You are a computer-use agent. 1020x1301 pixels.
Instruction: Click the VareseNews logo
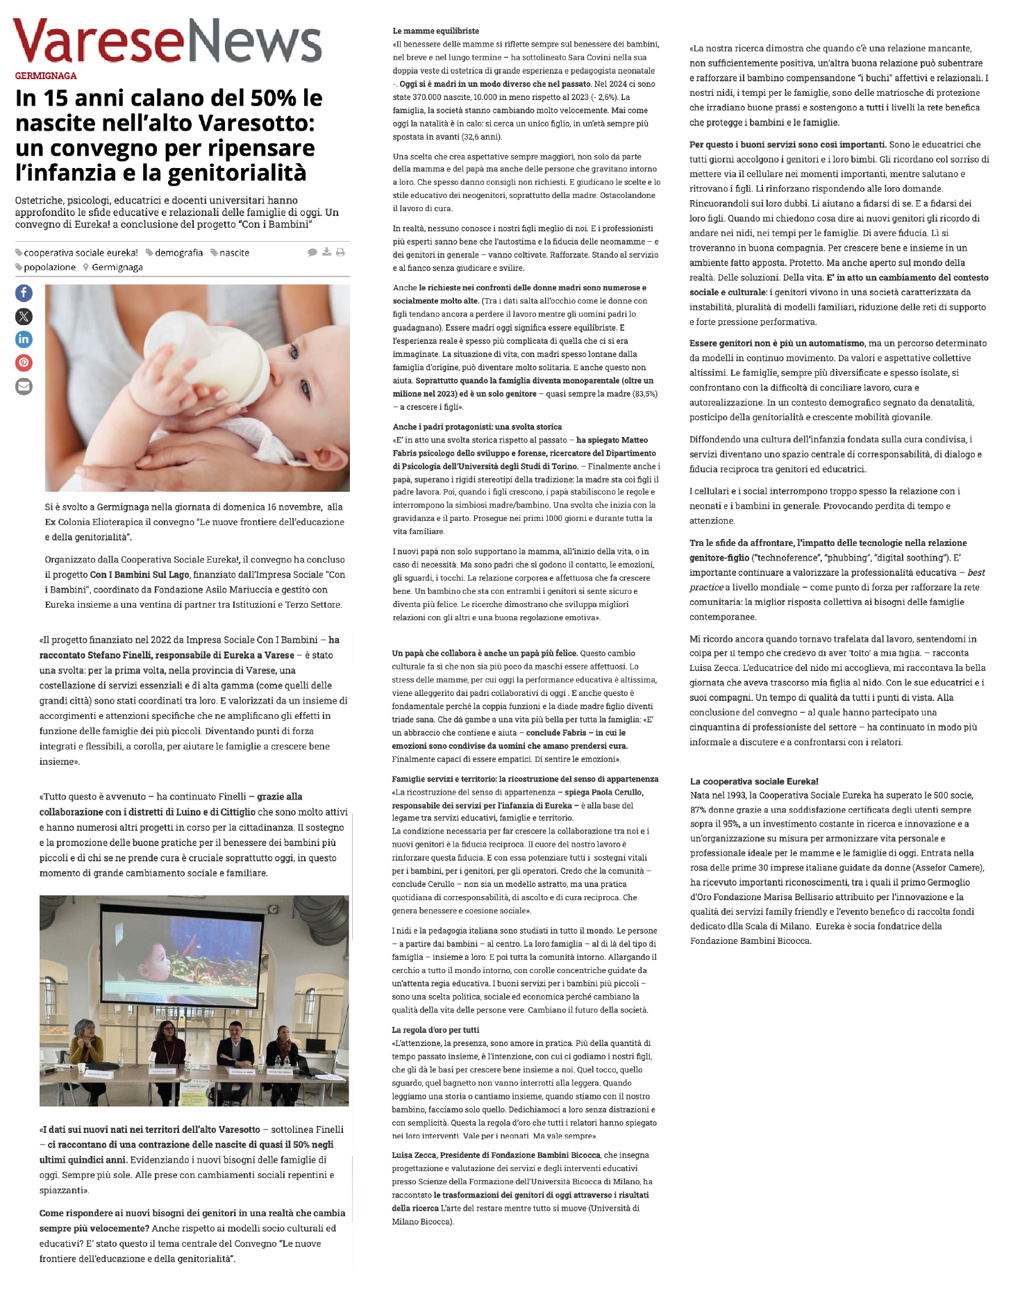click(167, 41)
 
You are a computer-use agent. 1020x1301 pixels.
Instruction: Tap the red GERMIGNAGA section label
click(46, 76)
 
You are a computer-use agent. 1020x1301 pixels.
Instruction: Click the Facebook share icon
click(24, 293)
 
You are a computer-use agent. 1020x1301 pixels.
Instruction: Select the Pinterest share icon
click(24, 363)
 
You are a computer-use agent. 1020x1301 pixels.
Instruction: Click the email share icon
click(24, 386)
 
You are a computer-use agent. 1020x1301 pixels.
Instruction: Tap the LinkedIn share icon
click(24, 340)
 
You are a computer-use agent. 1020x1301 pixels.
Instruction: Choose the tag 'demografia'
click(178, 253)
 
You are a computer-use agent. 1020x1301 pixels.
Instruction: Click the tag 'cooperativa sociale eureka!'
click(81, 253)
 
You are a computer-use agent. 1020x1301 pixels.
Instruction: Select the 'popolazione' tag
click(49, 267)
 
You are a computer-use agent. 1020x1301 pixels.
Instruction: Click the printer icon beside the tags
click(340, 252)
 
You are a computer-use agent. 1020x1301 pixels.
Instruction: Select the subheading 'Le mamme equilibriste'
click(435, 31)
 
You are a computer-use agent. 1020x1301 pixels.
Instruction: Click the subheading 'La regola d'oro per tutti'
click(435, 1030)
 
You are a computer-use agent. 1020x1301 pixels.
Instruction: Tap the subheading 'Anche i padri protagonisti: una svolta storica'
click(477, 427)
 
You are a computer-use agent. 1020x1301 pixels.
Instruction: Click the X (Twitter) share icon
click(24, 317)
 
